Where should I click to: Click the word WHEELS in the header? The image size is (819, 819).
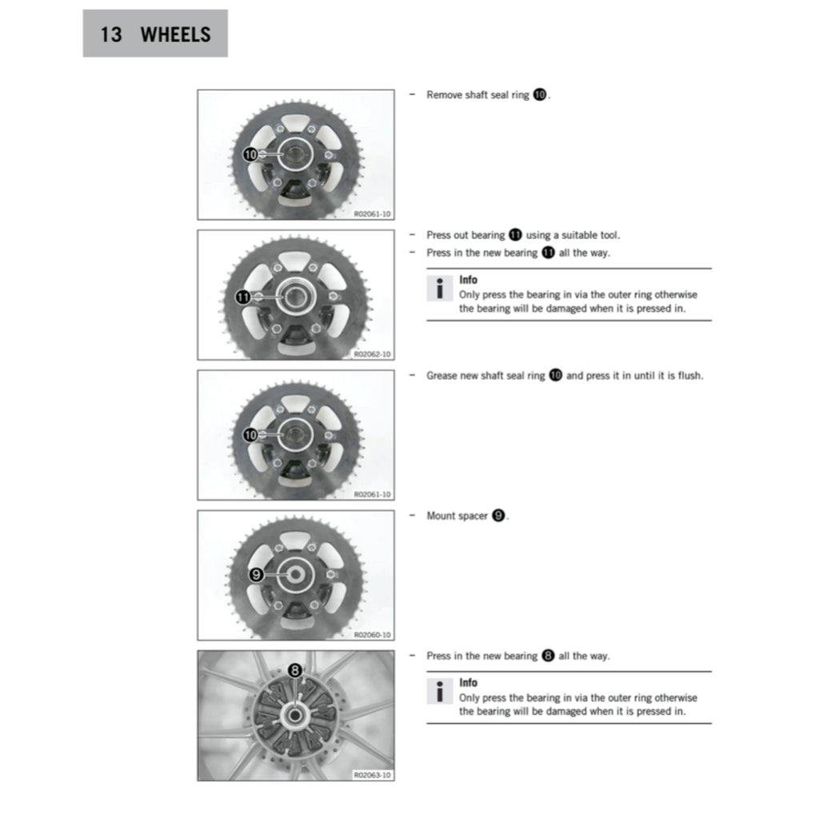175,34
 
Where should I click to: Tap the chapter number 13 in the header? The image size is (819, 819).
111,34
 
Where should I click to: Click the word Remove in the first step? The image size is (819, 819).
444,95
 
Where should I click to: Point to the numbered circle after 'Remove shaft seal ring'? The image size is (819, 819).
540,95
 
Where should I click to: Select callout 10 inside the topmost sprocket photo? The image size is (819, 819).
250,154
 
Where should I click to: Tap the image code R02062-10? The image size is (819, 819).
373,354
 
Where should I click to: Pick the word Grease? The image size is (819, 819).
442,375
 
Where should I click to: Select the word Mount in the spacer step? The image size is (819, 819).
441,516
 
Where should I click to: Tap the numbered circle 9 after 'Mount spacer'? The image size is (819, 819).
498,516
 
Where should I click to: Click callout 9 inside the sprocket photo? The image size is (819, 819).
256,574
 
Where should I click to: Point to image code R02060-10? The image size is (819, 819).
373,634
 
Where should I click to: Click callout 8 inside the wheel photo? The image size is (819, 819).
294,670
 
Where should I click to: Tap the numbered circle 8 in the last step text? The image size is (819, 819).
548,656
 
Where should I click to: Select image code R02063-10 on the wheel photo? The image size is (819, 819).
373,775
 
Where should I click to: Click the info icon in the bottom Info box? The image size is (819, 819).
439,692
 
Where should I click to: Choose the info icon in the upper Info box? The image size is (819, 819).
439,289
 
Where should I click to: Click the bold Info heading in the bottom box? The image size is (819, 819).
468,683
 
